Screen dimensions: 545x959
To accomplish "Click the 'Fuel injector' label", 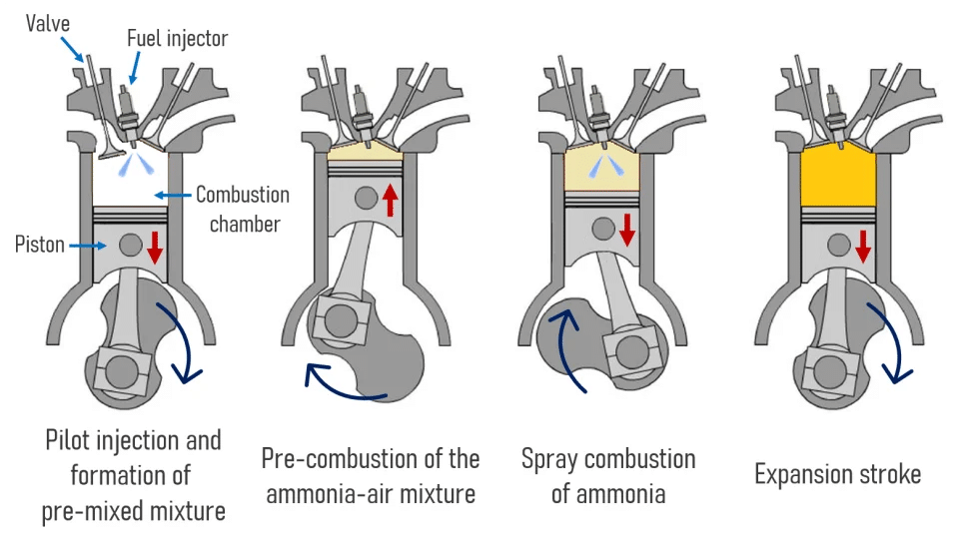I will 177,39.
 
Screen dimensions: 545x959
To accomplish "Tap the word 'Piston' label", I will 39,245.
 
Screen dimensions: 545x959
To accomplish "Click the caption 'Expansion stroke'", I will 837,474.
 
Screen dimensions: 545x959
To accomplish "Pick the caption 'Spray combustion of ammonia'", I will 608,475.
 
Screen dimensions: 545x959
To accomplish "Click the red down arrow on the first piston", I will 155,247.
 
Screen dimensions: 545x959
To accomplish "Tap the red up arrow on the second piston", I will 391,198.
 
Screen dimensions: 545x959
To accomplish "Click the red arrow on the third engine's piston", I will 627,229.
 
